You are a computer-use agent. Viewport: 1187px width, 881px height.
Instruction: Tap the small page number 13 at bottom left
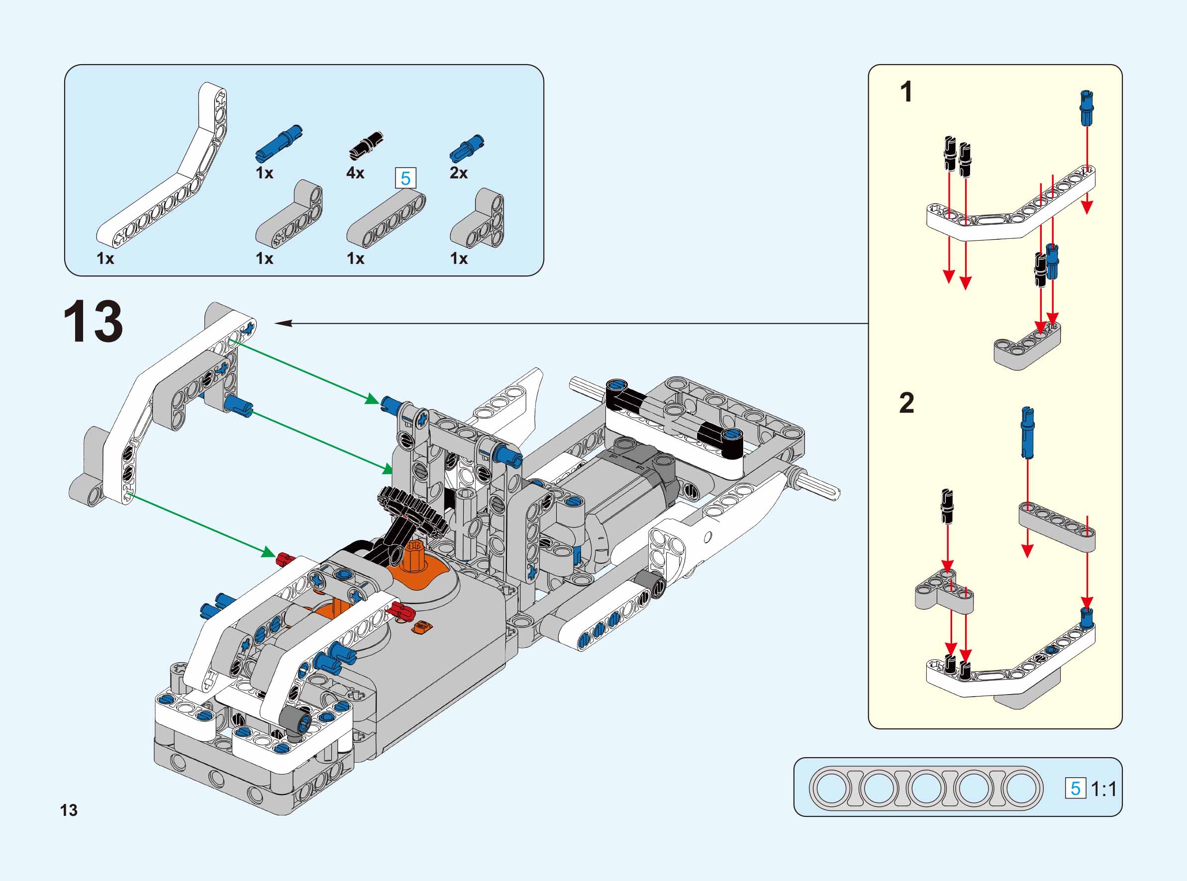[x=69, y=810]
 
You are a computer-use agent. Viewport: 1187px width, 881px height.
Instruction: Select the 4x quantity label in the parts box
[x=355, y=173]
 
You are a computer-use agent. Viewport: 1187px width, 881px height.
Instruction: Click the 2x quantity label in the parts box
[x=458, y=173]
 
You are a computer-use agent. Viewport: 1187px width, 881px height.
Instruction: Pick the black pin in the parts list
[x=367, y=145]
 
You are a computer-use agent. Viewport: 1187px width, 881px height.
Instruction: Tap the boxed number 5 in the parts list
[x=405, y=178]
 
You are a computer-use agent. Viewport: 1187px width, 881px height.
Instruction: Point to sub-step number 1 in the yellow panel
[x=906, y=92]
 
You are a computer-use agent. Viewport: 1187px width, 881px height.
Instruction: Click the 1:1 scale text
[x=1103, y=789]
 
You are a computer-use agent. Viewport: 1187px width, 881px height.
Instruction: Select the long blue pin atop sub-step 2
[x=1027, y=433]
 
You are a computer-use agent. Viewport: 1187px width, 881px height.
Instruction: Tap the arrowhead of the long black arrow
[x=283, y=323]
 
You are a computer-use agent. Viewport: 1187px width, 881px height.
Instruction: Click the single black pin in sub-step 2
[x=947, y=506]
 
